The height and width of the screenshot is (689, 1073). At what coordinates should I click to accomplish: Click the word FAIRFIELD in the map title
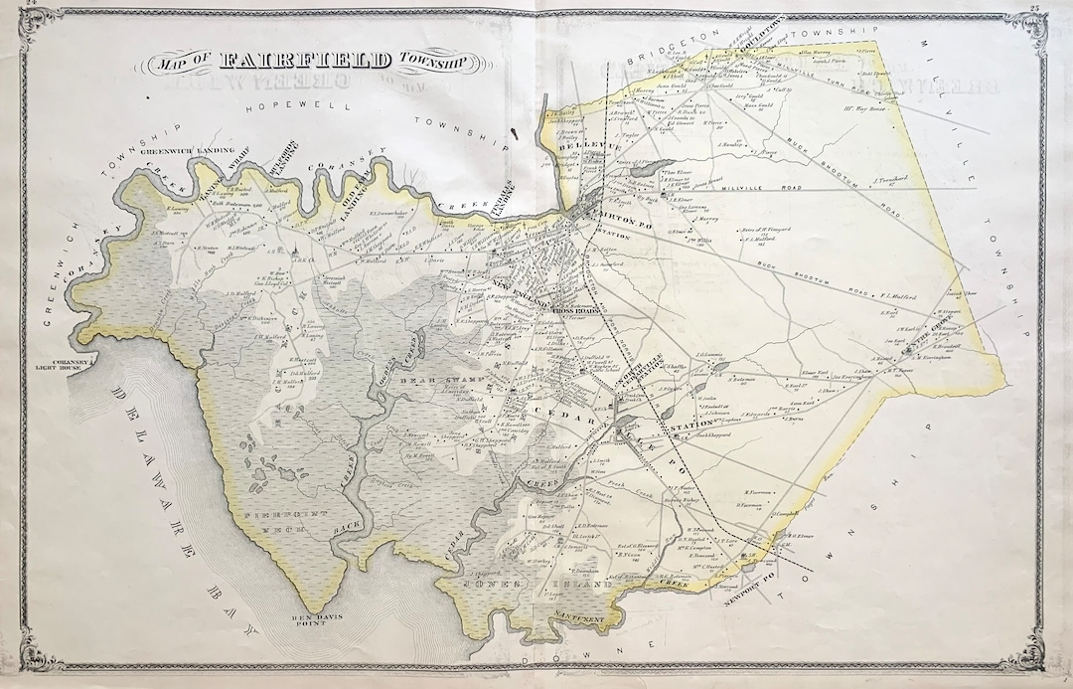[x=306, y=62]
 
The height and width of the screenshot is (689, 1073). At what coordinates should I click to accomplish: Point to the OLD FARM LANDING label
[x=350, y=186]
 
